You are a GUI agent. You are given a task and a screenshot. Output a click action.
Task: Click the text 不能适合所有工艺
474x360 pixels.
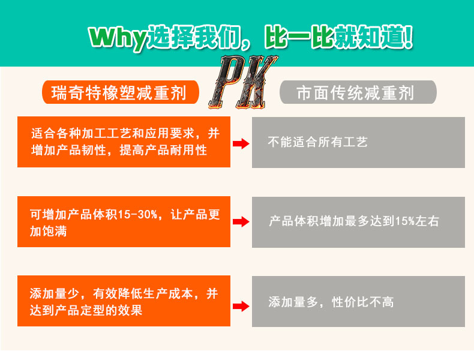(x=317, y=143)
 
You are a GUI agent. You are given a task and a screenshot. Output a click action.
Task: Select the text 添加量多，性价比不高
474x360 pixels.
(x=331, y=302)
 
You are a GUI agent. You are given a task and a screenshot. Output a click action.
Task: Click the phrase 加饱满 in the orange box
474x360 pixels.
(x=49, y=232)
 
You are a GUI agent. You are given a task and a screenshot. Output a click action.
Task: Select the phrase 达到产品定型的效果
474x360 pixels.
(x=86, y=310)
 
